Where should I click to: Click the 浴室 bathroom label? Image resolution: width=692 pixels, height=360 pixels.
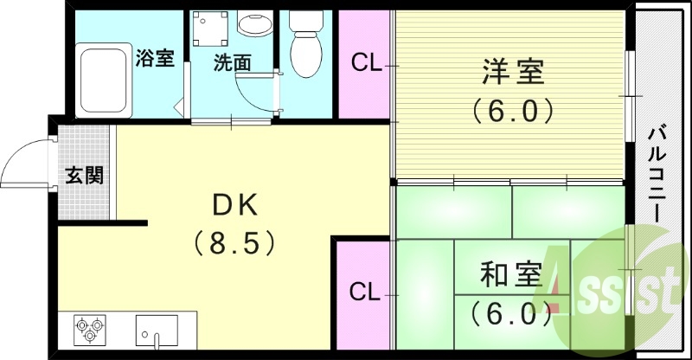[156, 59]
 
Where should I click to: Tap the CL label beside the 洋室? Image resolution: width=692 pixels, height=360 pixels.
[364, 62]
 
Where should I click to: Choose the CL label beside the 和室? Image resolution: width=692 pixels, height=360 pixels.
[364, 292]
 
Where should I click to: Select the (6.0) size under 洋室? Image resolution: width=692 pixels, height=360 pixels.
[513, 111]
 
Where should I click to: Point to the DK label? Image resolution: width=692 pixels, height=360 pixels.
[234, 205]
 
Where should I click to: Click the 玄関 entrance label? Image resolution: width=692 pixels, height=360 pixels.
[85, 175]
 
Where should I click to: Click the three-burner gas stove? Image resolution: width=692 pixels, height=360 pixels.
[90, 329]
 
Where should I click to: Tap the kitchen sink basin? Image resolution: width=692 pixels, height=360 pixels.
[157, 330]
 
